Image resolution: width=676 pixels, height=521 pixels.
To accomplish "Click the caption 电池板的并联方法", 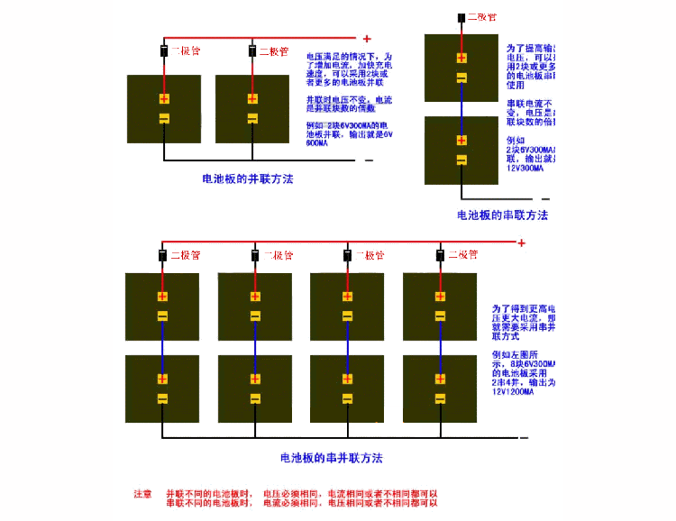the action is (248, 178).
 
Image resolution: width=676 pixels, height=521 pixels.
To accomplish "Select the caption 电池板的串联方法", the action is (502, 215).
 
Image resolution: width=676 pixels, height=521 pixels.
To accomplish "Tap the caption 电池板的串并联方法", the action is (332, 458).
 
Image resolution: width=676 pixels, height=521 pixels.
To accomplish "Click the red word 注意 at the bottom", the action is (142, 494).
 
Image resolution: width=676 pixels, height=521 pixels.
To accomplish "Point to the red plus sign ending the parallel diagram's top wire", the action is (367, 39).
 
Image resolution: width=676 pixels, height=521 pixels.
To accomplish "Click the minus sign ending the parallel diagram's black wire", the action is (369, 160).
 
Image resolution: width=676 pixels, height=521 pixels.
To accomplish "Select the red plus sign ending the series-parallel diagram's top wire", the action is (521, 242).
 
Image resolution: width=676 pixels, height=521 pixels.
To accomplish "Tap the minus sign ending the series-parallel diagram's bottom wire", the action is (521, 437).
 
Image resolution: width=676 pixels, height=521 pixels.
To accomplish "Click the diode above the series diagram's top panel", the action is (461, 17).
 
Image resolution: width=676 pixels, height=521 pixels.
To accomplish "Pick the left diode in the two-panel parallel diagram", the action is (164, 50).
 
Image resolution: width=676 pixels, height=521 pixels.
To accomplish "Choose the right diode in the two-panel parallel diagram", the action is (251, 50).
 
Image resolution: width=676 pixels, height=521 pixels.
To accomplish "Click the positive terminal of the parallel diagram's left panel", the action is (164, 99).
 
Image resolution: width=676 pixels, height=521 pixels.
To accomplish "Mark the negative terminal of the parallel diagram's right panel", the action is (252, 118).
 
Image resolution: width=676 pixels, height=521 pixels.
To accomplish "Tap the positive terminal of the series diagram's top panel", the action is (461, 59).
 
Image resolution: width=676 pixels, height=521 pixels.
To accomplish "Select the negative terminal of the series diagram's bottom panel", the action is (461, 160).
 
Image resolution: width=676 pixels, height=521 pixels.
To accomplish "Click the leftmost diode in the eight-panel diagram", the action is (162, 256).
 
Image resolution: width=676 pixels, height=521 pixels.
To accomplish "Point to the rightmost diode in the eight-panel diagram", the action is (440, 256).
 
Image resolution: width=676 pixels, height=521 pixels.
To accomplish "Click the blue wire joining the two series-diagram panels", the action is (461, 108).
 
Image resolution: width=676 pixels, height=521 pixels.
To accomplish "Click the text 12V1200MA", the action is (513, 392).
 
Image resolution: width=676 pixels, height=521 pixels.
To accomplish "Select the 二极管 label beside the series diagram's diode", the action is (482, 17).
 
